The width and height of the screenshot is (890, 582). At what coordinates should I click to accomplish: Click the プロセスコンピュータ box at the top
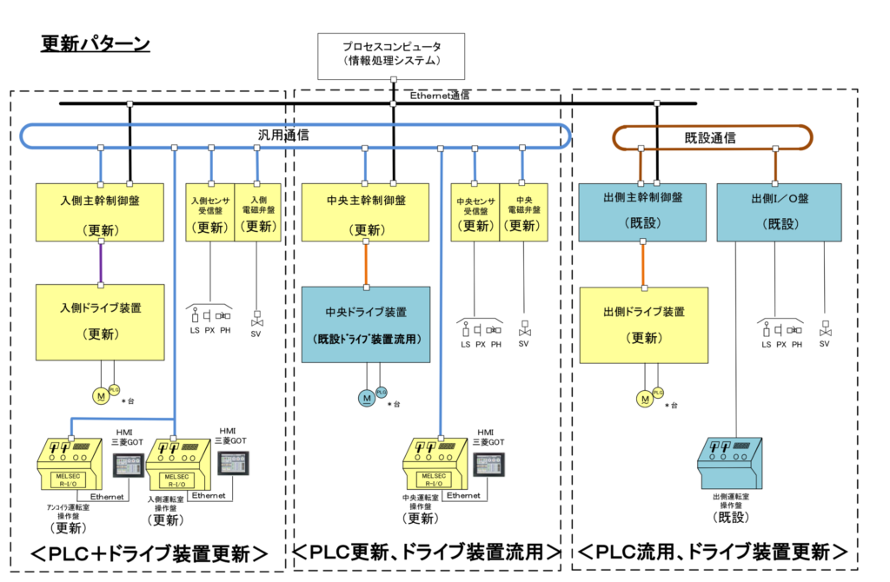391,53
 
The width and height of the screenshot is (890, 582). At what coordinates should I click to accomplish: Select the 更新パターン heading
96,44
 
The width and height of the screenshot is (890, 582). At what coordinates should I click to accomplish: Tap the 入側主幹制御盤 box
100,212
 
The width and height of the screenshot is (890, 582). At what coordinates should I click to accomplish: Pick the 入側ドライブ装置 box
100,321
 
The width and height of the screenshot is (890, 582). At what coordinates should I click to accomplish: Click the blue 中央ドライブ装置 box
366,324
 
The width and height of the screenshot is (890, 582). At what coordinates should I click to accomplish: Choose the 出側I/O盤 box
779,211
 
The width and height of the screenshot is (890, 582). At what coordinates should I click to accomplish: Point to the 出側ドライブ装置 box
643,324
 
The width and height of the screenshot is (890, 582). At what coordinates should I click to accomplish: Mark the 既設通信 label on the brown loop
711,137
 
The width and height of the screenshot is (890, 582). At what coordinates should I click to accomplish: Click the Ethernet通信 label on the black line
440,96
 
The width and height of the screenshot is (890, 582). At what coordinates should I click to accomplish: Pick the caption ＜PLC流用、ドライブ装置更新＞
714,552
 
